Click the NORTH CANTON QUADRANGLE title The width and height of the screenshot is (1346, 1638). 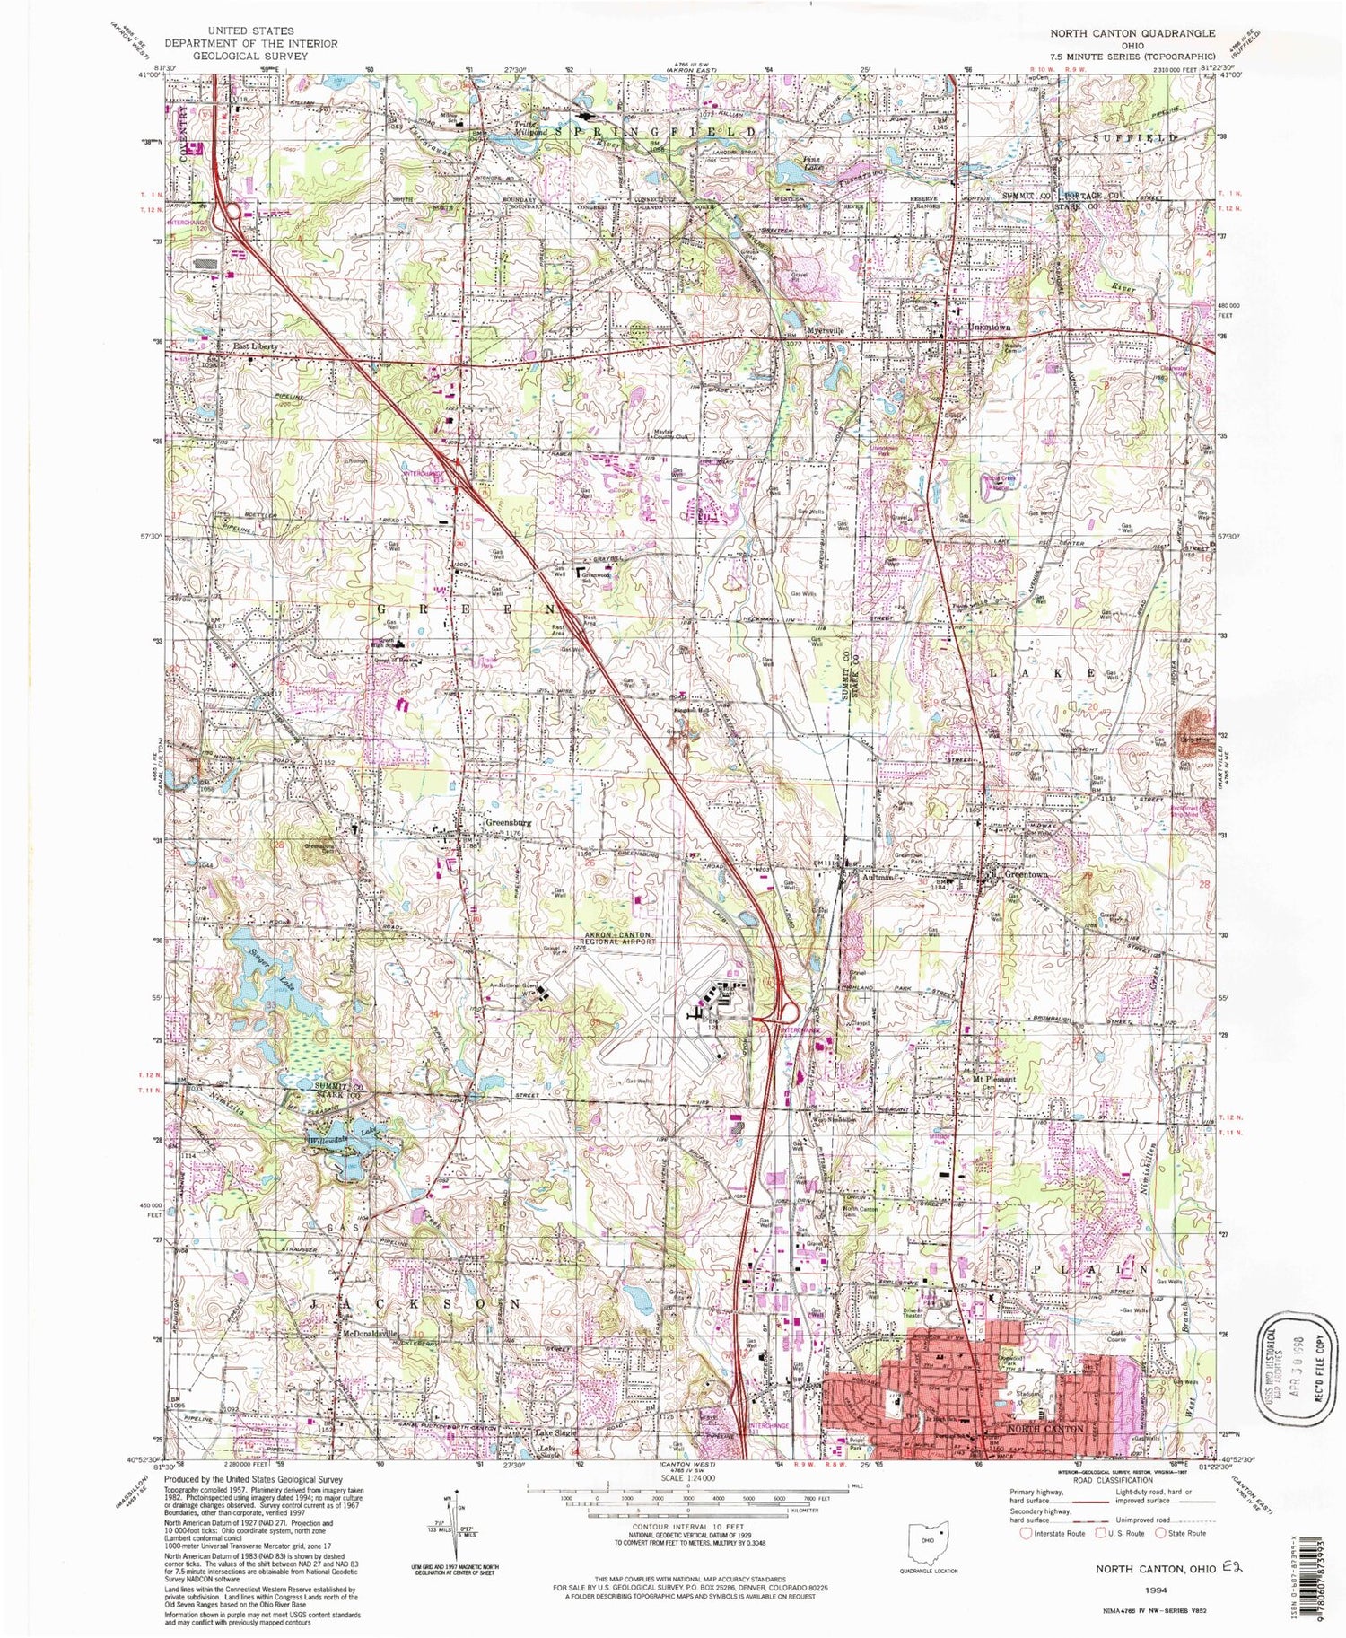click(1133, 33)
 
